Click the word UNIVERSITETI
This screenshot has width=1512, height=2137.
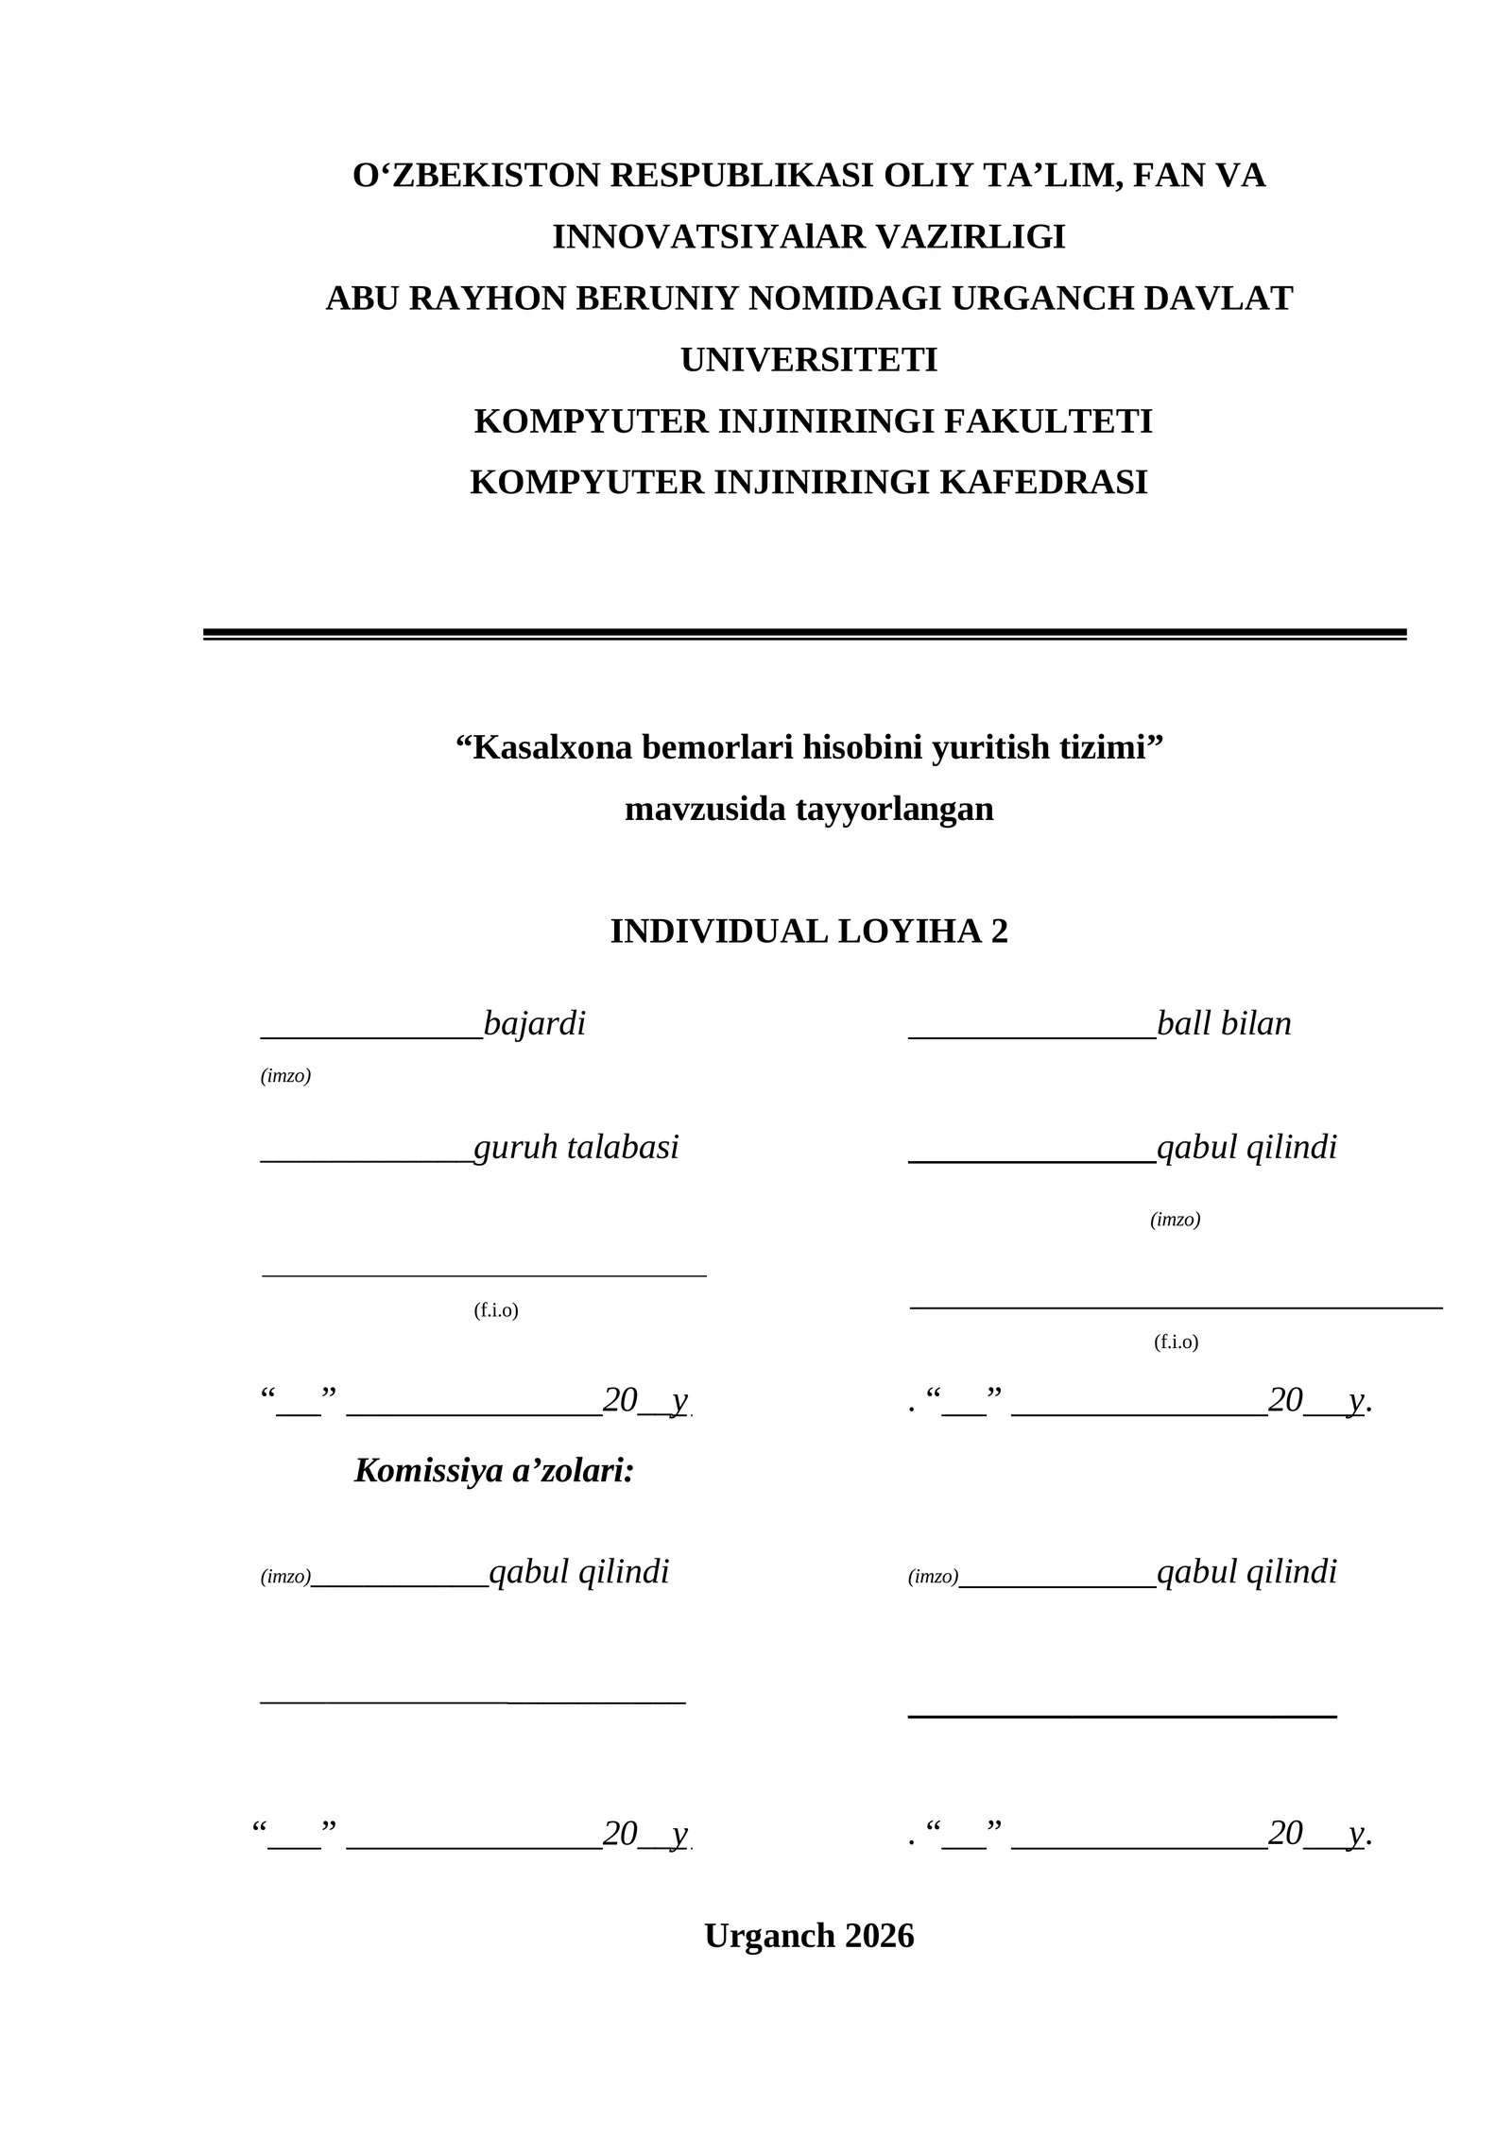click(809, 360)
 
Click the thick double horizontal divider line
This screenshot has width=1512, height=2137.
click(804, 634)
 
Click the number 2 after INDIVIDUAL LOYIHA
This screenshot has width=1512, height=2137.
click(999, 932)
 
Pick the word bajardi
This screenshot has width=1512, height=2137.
click(534, 1023)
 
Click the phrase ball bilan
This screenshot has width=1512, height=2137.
click(1223, 1023)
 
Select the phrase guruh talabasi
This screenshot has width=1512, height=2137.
click(576, 1147)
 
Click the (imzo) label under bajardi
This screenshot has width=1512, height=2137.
click(285, 1076)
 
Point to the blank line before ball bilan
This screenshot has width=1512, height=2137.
click(1031, 1036)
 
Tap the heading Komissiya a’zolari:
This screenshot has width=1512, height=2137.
click(493, 1470)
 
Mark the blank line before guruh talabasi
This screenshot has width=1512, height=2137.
click(366, 1160)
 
